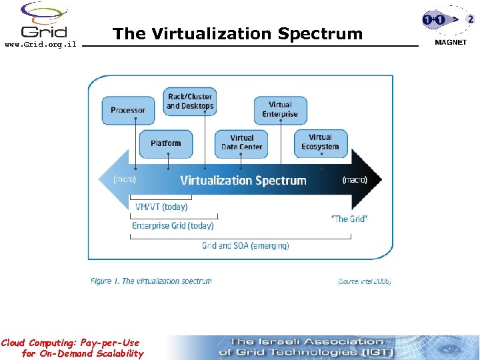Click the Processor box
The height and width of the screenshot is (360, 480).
tap(128, 110)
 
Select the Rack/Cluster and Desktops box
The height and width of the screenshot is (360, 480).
tap(190, 101)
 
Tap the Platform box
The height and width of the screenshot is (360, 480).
tap(165, 143)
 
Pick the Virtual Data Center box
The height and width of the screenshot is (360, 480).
tap(241, 143)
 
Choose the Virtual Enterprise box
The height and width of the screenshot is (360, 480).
tap(280, 109)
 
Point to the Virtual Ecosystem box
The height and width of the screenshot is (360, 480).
tap(320, 143)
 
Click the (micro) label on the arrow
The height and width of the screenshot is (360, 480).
tap(125, 179)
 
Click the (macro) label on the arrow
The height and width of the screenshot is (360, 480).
tap(354, 179)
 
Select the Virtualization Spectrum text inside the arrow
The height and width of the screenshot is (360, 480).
tap(243, 180)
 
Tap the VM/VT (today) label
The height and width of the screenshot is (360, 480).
tap(161, 207)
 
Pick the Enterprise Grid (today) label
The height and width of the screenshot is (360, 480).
tap(173, 225)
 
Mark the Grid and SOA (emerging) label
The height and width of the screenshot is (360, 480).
tap(245, 245)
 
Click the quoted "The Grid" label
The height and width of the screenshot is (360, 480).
tap(349, 219)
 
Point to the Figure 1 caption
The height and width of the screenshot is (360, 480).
tap(151, 281)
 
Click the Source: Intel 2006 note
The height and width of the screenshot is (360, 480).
tap(364, 281)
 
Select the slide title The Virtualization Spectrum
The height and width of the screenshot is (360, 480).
tap(237, 33)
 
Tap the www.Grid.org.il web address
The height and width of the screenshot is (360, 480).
tap(40, 45)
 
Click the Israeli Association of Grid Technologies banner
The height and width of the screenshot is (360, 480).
tap(307, 347)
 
